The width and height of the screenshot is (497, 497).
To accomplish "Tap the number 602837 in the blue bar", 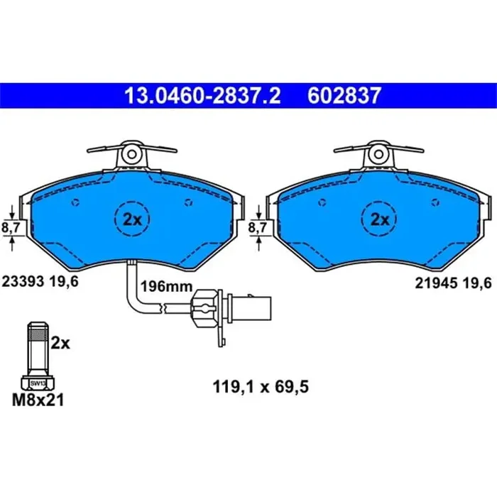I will (344, 94).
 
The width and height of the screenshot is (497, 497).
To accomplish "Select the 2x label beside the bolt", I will (62, 343).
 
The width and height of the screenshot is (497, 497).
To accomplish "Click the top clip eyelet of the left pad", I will (132, 153).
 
